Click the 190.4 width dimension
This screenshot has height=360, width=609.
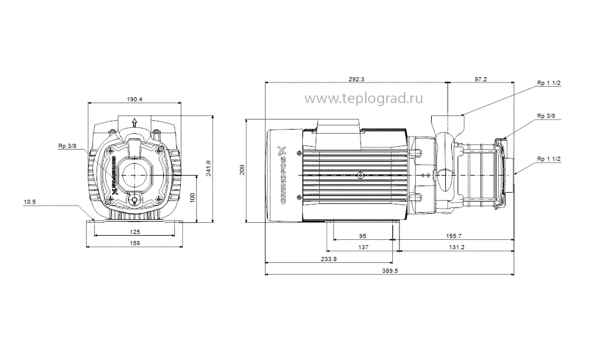(135, 99)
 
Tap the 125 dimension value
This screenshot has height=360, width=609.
(135, 232)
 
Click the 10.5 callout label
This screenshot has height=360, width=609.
(29, 202)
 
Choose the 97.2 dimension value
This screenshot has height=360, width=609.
(481, 80)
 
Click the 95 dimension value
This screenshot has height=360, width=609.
(363, 236)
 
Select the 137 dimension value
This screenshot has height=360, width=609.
(363, 247)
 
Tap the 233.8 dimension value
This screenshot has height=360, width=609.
(329, 259)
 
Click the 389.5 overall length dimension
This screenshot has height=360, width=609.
(389, 271)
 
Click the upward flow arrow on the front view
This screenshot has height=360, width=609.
(135, 122)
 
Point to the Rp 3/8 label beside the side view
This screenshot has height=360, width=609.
(545, 117)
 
